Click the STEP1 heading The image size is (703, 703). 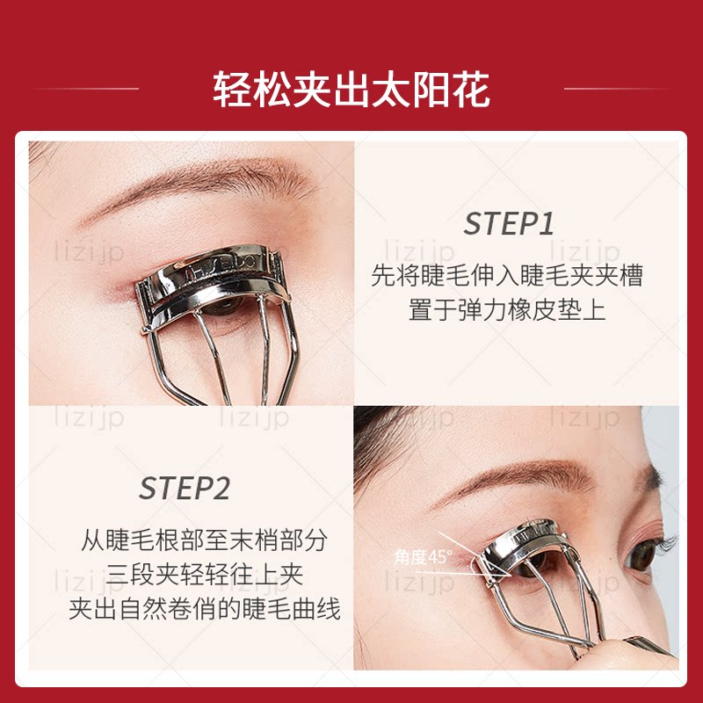509,223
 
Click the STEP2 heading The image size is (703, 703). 185,488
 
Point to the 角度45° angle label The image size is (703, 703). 423,557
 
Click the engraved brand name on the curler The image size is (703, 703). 221,268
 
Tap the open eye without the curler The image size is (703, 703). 646,555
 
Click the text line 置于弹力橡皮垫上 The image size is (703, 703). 507,310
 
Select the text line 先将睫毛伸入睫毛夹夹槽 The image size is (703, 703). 507,275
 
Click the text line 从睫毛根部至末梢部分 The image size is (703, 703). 204,540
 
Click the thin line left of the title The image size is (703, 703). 87,89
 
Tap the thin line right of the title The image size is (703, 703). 618,89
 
